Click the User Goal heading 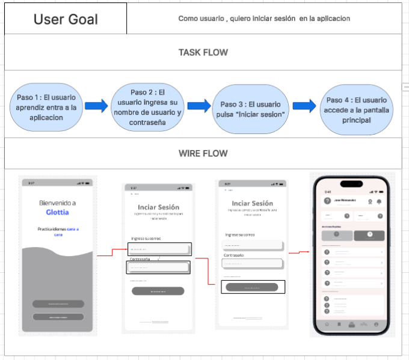pos(66,19)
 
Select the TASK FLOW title pos(203,52)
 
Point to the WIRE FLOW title pos(203,153)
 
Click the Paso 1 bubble pos(46,108)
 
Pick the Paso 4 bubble pos(356,109)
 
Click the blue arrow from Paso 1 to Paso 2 pos(96,106)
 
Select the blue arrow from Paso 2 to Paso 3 pos(199,106)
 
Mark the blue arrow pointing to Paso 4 pos(304,106)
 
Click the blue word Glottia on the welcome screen pos(57,212)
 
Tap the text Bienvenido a pos(57,203)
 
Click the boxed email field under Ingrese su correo pos(159,249)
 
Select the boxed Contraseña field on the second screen pos(159,268)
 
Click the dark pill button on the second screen pos(158,291)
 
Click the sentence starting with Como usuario pos(264,19)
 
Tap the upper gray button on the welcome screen pos(58,304)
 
